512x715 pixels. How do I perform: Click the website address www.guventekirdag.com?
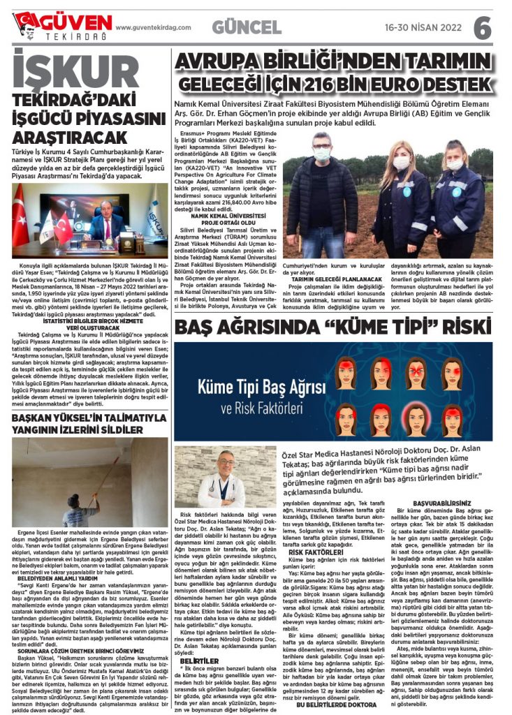pos(153,28)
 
